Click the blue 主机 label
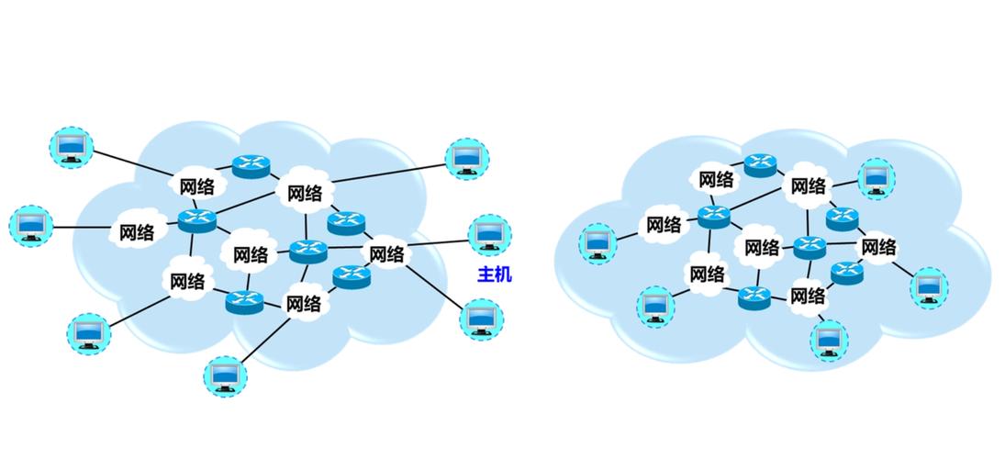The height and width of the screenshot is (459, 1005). tap(495, 274)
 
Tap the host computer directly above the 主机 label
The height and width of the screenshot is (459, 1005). tap(489, 235)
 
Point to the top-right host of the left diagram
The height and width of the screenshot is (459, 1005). tap(467, 157)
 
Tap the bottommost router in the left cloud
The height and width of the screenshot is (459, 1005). tap(244, 300)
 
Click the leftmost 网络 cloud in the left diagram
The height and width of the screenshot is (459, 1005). tap(138, 232)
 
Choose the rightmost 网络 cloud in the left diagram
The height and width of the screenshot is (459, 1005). tap(386, 253)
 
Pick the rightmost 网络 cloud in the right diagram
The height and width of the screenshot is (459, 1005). tap(878, 247)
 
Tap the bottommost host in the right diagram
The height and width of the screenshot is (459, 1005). tap(829, 338)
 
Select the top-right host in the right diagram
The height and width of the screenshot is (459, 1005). tap(876, 177)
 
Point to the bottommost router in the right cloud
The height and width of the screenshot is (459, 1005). tap(754, 297)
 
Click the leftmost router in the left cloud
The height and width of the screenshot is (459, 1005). tap(195, 219)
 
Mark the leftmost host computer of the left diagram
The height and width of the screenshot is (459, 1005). tap(31, 225)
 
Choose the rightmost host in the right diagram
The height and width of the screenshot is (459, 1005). tap(929, 287)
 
